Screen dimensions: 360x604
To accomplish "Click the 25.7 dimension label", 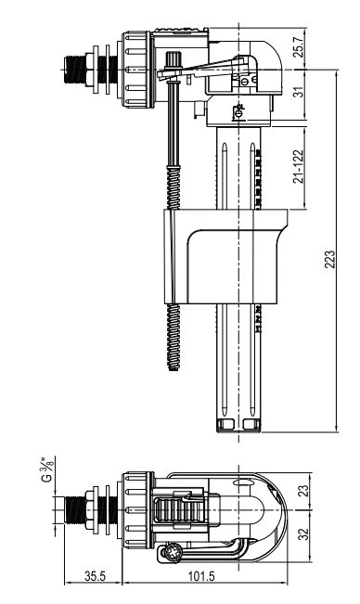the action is pos(300,47).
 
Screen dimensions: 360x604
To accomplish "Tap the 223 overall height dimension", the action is pos(329,260).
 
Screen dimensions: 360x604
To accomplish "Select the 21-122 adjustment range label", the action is pos(299,166).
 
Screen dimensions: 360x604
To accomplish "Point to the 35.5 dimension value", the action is pos(95,576).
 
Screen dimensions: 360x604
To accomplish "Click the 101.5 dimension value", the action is pos(201,576).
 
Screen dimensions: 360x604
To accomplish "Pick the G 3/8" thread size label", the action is pos(47,469).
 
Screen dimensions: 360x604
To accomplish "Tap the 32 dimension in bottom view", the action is pos(303,533).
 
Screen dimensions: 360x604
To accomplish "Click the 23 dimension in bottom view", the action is pos(303,491).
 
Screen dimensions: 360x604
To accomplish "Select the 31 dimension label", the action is pos(300,91).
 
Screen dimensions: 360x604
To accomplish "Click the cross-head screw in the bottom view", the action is pos(171,553).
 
